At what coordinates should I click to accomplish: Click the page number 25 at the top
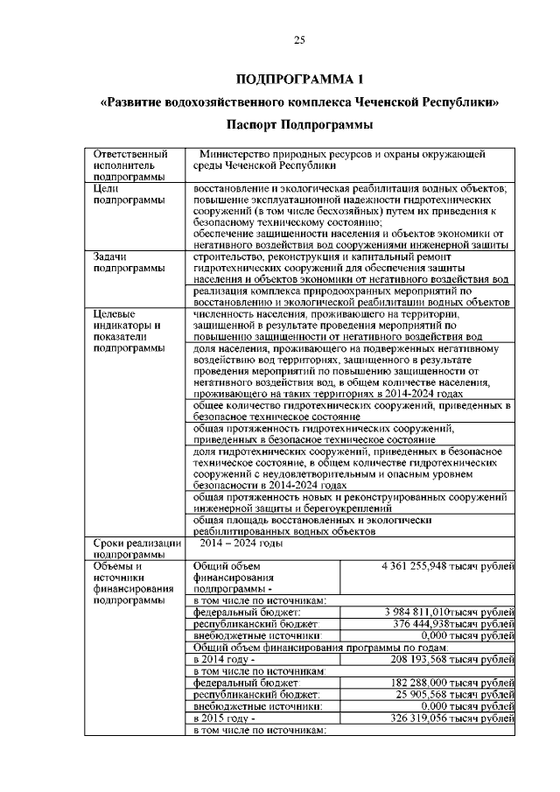pos(298,39)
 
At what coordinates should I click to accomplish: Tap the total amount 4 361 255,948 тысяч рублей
pos(447,566)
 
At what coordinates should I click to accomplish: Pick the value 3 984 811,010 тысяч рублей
pos(450,612)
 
